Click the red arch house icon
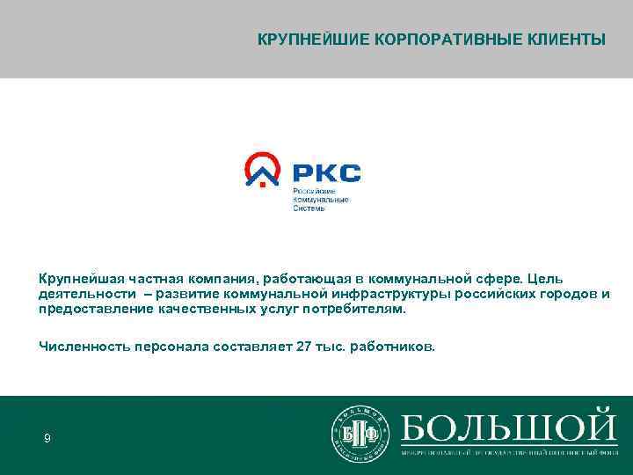(x=263, y=169)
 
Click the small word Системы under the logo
(x=309, y=208)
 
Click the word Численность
(x=83, y=347)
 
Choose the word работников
(x=391, y=347)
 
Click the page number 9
(x=47, y=438)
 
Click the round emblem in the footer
(x=360, y=433)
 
